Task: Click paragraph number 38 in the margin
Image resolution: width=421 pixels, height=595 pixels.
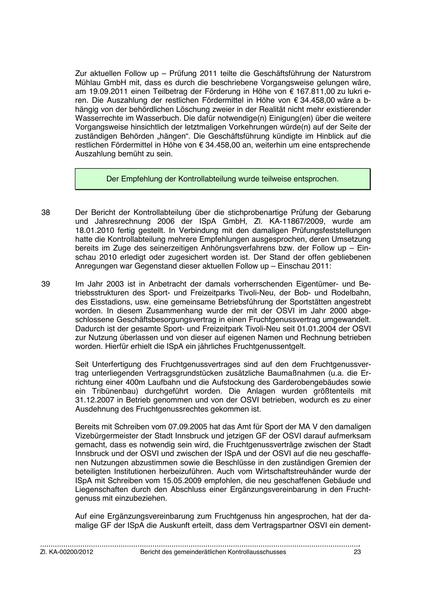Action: click(45, 213)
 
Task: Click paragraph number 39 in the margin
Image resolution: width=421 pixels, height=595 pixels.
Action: click(45, 284)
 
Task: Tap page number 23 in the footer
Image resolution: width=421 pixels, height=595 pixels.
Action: click(357, 552)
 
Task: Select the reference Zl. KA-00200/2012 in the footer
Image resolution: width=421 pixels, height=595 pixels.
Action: click(67, 552)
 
